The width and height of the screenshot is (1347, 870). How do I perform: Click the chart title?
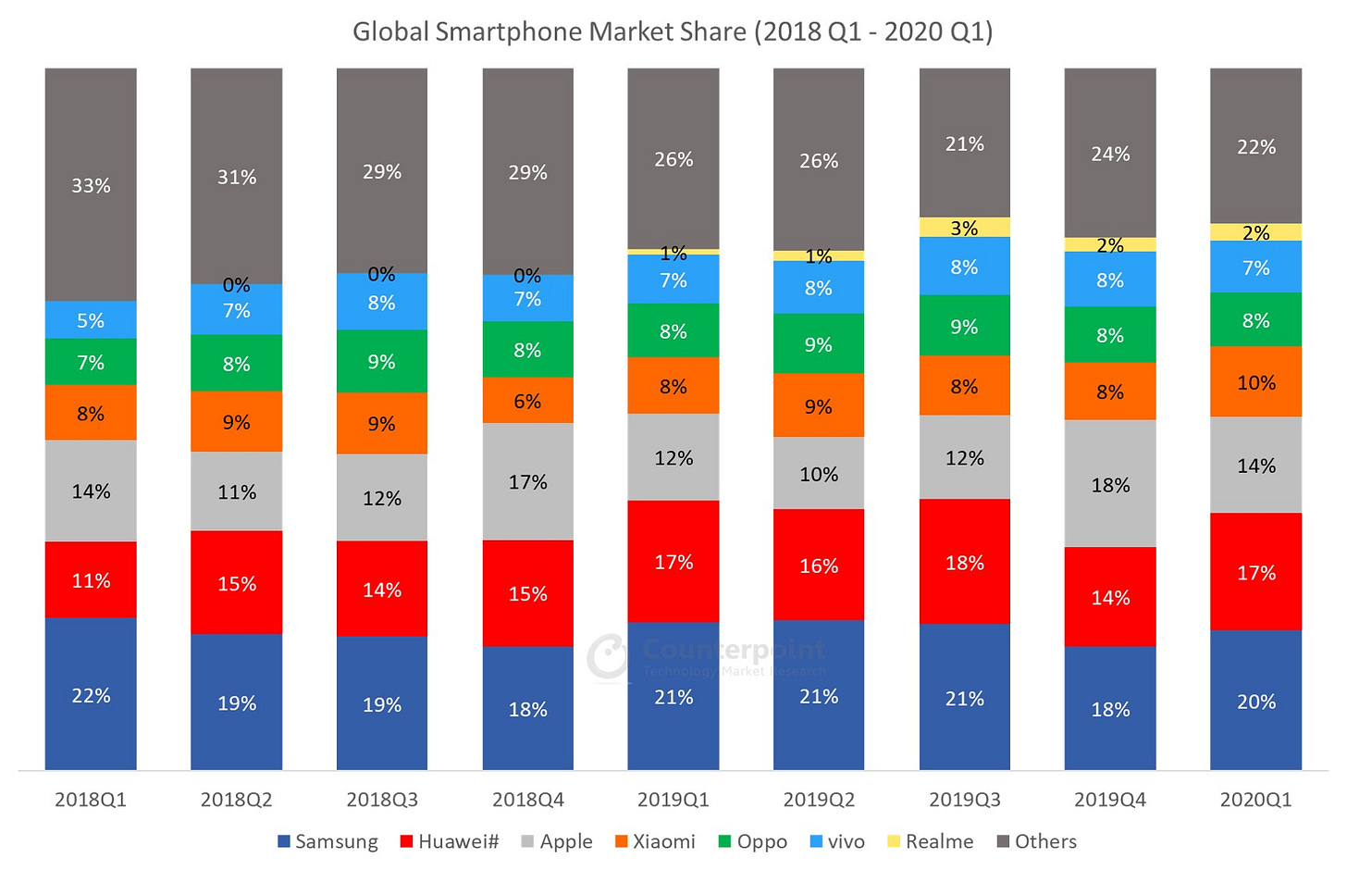[x=673, y=31]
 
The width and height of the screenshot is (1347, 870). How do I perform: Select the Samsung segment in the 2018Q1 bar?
[x=91, y=694]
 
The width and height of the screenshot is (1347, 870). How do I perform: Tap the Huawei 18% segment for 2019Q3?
[x=964, y=562]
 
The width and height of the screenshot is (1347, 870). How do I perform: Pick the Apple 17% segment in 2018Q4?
[x=527, y=481]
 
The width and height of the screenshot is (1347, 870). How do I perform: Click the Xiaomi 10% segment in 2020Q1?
[x=1255, y=381]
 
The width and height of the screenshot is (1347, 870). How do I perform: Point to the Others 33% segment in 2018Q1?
[x=91, y=185]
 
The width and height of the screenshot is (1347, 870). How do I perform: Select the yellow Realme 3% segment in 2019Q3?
[x=964, y=228]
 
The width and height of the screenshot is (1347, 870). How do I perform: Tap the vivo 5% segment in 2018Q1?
[x=91, y=320]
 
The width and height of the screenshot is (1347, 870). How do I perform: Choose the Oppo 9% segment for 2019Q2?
[x=819, y=343]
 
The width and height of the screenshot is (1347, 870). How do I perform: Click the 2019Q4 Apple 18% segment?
[x=1110, y=484]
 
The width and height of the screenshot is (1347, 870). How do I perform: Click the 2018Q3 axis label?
[x=382, y=800]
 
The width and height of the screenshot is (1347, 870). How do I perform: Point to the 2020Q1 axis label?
[x=1255, y=800]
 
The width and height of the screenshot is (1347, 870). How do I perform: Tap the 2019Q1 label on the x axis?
[x=673, y=800]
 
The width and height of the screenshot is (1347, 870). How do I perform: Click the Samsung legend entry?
[x=328, y=841]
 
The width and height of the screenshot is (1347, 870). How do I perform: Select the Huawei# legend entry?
[x=450, y=841]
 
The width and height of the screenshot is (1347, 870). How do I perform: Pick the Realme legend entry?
[x=931, y=841]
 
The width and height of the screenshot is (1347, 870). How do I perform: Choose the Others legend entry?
[x=1037, y=841]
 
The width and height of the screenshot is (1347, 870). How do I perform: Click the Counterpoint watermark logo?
[x=609, y=656]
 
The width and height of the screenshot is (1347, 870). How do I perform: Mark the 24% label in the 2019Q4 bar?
[x=1110, y=154]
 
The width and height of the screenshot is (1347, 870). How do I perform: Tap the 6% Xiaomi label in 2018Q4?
[x=527, y=401]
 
